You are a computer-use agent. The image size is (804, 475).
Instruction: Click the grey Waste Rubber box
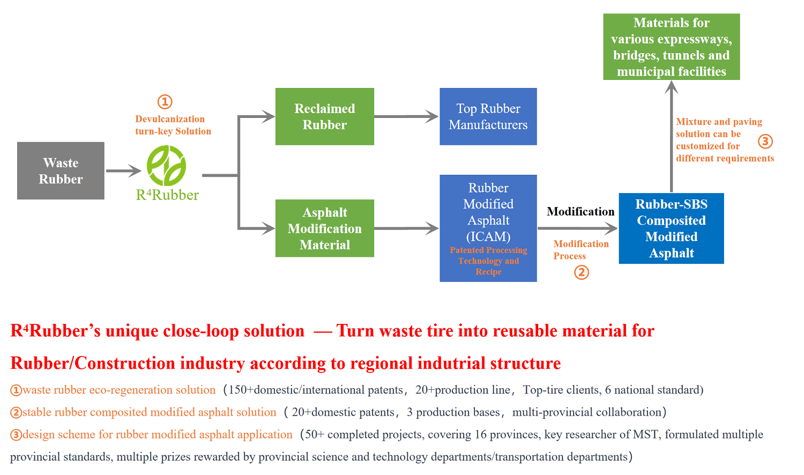61,170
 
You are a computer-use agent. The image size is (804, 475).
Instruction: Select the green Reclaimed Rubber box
324,116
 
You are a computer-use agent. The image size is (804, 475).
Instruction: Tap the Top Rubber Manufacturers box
488,116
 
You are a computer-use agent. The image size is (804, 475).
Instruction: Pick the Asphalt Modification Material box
324,228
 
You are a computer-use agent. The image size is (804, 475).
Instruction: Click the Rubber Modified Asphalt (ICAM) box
488,214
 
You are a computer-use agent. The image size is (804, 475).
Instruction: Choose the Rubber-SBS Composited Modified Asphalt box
671,228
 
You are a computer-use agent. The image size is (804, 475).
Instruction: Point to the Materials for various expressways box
671,47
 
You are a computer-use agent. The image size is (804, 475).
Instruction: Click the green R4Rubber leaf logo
167,166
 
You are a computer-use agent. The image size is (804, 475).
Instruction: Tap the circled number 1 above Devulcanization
165,101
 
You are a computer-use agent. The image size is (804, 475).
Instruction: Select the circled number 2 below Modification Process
582,272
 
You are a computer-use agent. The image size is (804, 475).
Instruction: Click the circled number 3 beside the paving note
765,142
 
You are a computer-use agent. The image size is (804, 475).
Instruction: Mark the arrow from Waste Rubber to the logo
123,171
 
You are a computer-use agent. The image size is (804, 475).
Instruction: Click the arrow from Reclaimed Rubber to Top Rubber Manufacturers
406,116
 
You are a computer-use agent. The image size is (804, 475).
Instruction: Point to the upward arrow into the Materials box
671,134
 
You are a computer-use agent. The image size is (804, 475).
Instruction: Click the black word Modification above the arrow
580,211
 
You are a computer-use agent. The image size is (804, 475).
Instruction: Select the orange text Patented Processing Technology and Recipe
488,261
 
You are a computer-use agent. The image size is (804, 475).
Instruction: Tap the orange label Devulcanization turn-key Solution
173,125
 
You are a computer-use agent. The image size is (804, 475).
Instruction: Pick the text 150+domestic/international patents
315,390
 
